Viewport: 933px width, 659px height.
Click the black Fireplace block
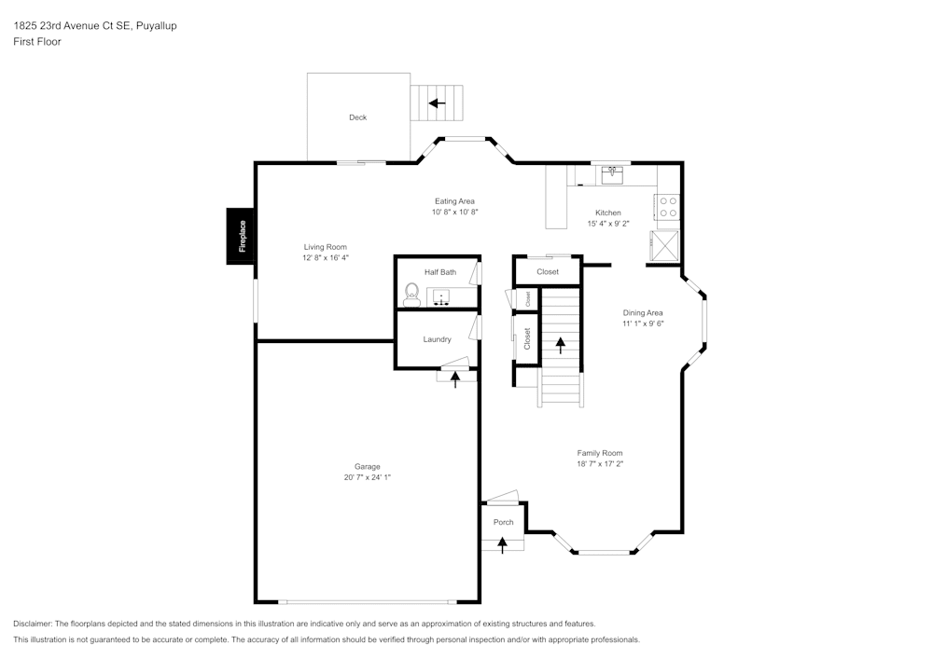(241, 236)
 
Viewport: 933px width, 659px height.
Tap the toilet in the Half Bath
(411, 295)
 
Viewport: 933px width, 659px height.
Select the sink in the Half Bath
(440, 297)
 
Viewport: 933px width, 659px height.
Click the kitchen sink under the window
(612, 172)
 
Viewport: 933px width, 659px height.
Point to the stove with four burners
(668, 206)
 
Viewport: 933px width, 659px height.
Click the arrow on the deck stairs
(436, 103)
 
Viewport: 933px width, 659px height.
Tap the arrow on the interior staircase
(561, 345)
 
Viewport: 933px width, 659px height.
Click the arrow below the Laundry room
(455, 378)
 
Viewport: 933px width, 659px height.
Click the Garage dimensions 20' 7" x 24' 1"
(367, 477)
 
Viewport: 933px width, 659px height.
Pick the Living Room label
(325, 247)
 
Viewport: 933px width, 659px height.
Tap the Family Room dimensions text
(599, 464)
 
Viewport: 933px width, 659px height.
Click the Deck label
(357, 117)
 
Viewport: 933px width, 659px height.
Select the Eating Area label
(454, 201)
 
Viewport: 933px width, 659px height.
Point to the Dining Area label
(643, 313)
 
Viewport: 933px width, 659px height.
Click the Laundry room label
(437, 339)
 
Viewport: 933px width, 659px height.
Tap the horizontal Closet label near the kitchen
(548, 272)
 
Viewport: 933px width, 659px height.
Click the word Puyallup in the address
(156, 26)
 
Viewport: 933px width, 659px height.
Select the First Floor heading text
(37, 42)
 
